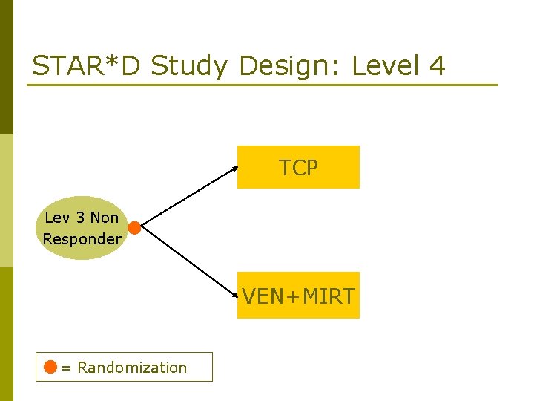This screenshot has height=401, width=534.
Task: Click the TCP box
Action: pos(298,167)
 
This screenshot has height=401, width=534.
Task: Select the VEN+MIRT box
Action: pos(298,296)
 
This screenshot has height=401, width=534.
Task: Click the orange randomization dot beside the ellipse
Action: pos(134,228)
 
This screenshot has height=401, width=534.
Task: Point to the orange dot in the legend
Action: pos(50,367)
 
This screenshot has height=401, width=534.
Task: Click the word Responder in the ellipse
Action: pos(82,239)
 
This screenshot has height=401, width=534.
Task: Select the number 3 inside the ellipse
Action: pos(80,218)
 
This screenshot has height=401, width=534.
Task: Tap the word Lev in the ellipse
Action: pos(58,218)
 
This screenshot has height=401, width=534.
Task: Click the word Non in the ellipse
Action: pos(104,218)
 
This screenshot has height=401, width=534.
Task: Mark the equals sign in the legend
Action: pos(66,368)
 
